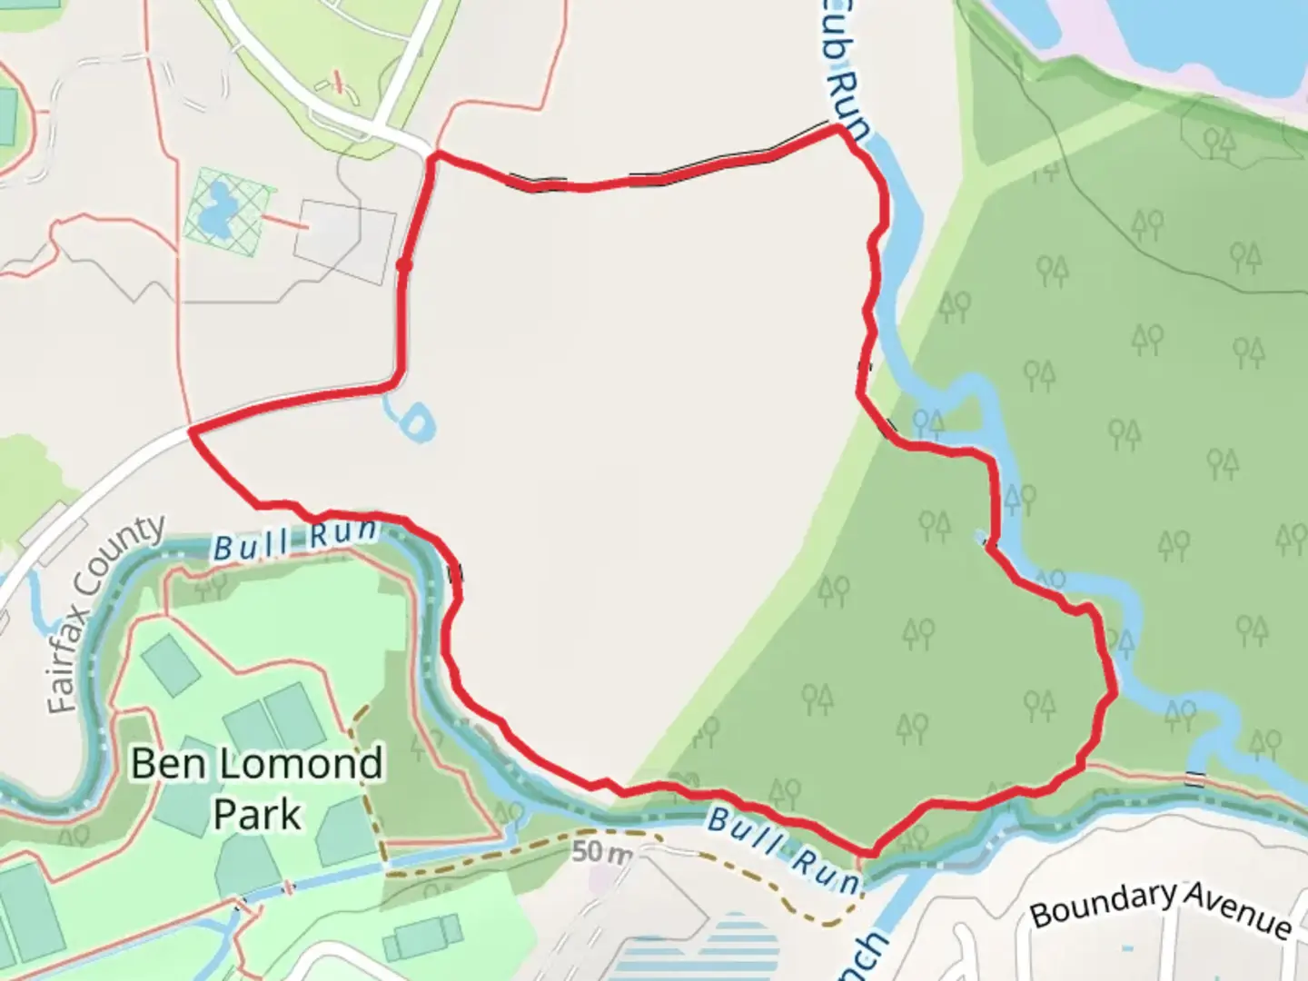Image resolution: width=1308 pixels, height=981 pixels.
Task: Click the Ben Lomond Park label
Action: point(256,788)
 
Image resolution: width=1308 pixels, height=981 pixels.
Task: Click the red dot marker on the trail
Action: point(404,265)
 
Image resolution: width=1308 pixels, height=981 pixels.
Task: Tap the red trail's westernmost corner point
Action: point(192,431)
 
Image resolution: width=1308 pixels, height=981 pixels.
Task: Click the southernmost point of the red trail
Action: point(869,853)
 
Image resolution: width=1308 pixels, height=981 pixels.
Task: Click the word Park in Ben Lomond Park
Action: point(256,814)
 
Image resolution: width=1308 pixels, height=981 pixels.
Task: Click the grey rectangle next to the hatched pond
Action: point(345,241)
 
